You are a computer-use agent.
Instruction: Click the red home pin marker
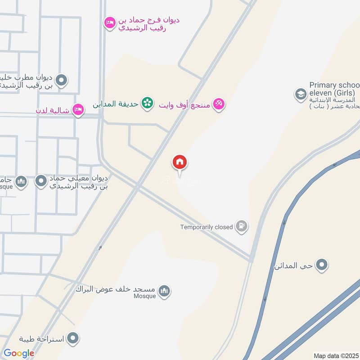click(x=180, y=162)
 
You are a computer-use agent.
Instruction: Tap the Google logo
click(x=19, y=353)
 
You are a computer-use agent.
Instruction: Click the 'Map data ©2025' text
click(x=336, y=355)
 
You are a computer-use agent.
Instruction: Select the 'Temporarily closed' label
click(x=207, y=227)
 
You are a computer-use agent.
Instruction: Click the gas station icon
click(x=242, y=227)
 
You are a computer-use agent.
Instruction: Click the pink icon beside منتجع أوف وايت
click(x=219, y=104)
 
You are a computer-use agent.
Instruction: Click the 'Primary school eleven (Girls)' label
click(x=334, y=89)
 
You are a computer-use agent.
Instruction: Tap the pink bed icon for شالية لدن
click(x=78, y=110)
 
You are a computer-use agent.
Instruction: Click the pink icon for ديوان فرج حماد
click(x=109, y=22)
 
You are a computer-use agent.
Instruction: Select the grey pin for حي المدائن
click(x=321, y=265)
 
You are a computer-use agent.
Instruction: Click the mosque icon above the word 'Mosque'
click(x=164, y=291)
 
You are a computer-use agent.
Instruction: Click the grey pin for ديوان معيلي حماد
click(x=41, y=181)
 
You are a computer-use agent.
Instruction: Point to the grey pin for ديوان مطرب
click(x=62, y=81)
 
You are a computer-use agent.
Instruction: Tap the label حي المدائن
click(x=293, y=266)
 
